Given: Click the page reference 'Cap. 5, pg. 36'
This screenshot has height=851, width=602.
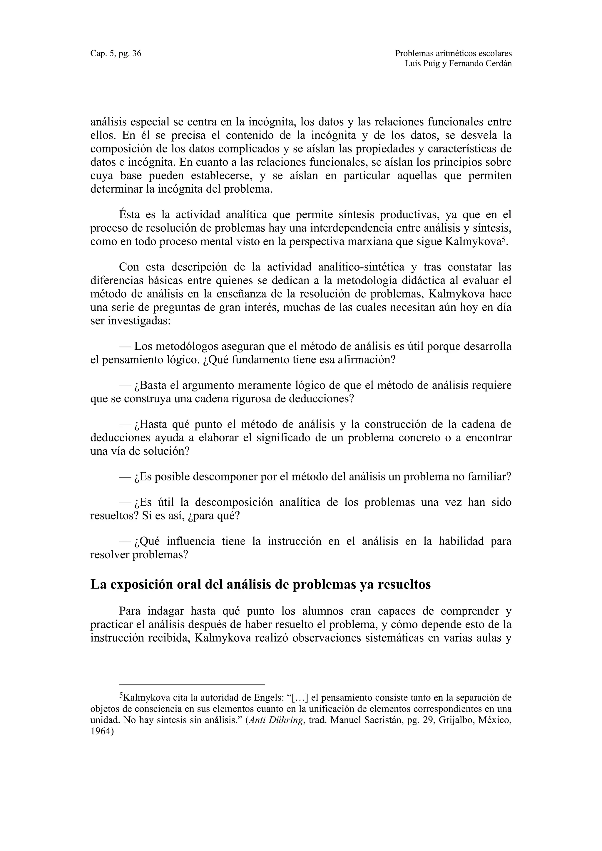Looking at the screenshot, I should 116,53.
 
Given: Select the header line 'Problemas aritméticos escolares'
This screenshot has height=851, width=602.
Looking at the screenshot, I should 453,53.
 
